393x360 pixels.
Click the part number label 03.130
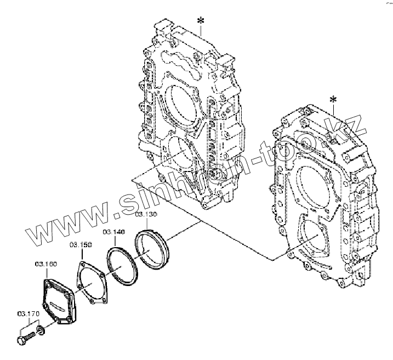click(146, 214)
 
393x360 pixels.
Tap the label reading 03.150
click(80, 244)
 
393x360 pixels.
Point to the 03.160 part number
click(45, 264)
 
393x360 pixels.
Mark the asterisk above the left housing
click(201, 21)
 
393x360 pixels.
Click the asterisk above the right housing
click(333, 99)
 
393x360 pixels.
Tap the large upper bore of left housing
click(181, 104)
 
